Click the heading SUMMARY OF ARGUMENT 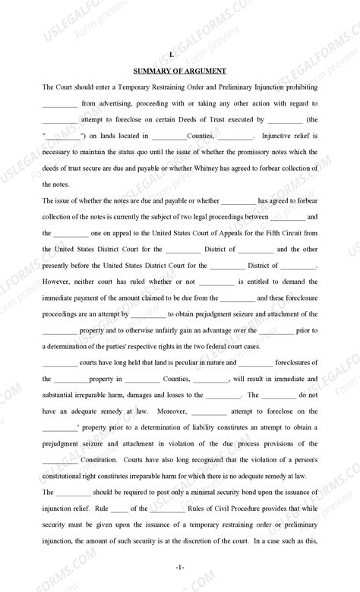[x=180, y=71]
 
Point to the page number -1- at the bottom [x=180, y=567]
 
